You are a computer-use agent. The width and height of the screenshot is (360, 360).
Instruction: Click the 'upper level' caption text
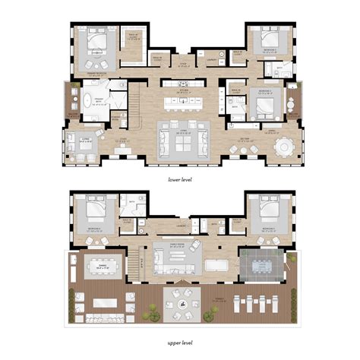point(180,342)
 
